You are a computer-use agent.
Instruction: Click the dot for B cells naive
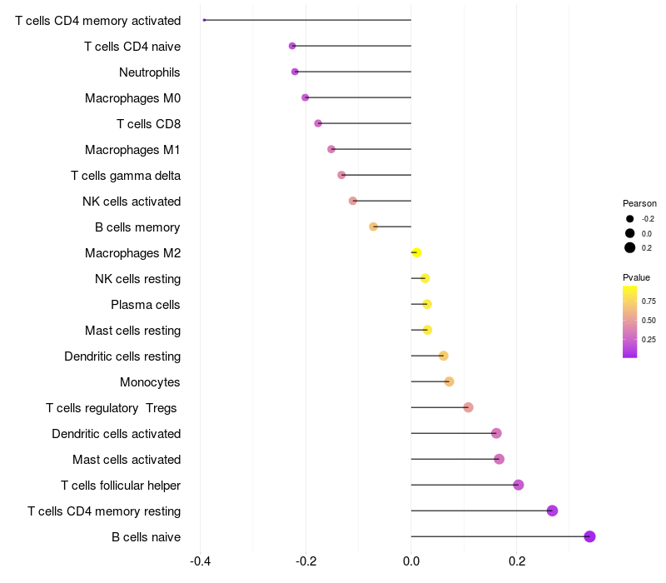589,536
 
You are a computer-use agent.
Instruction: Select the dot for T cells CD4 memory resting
552,511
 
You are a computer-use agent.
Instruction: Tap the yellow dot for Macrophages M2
416,252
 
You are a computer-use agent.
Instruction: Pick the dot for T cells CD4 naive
292,46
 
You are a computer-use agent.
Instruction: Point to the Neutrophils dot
295,72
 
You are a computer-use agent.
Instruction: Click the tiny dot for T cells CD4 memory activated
204,20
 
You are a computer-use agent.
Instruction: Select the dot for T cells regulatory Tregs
468,407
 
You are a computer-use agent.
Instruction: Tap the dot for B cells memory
374,227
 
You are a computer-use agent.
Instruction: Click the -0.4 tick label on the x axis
200,561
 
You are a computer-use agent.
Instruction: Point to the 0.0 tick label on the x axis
411,561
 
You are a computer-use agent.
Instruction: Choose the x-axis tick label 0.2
517,561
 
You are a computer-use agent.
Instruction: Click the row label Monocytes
150,382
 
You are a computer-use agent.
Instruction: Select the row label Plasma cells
145,305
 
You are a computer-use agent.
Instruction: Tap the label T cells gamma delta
126,176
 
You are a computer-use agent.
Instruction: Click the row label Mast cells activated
127,460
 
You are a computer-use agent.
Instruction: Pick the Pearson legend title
639,203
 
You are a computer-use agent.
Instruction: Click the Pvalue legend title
636,277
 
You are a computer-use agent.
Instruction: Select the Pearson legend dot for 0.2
630,247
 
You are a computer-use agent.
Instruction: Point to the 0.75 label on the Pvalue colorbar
649,301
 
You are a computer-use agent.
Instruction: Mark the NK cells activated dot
353,201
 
